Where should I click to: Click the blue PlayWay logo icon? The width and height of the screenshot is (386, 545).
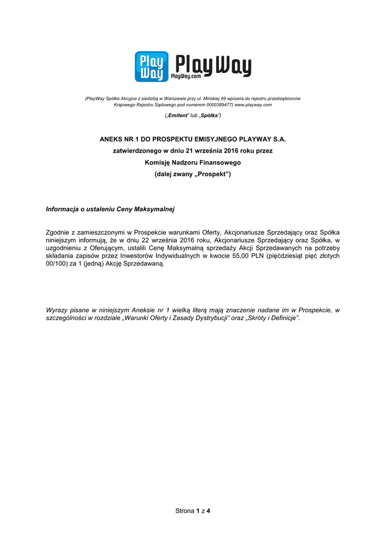(x=151, y=67)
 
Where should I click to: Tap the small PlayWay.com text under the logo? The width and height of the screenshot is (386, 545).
(x=185, y=78)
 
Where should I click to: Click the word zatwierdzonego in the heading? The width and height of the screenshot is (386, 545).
(x=136, y=151)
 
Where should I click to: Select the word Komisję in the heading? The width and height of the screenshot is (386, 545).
(x=158, y=163)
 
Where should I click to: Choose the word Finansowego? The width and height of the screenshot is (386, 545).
(x=219, y=163)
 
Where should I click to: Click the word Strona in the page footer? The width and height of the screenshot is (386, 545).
(x=184, y=511)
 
